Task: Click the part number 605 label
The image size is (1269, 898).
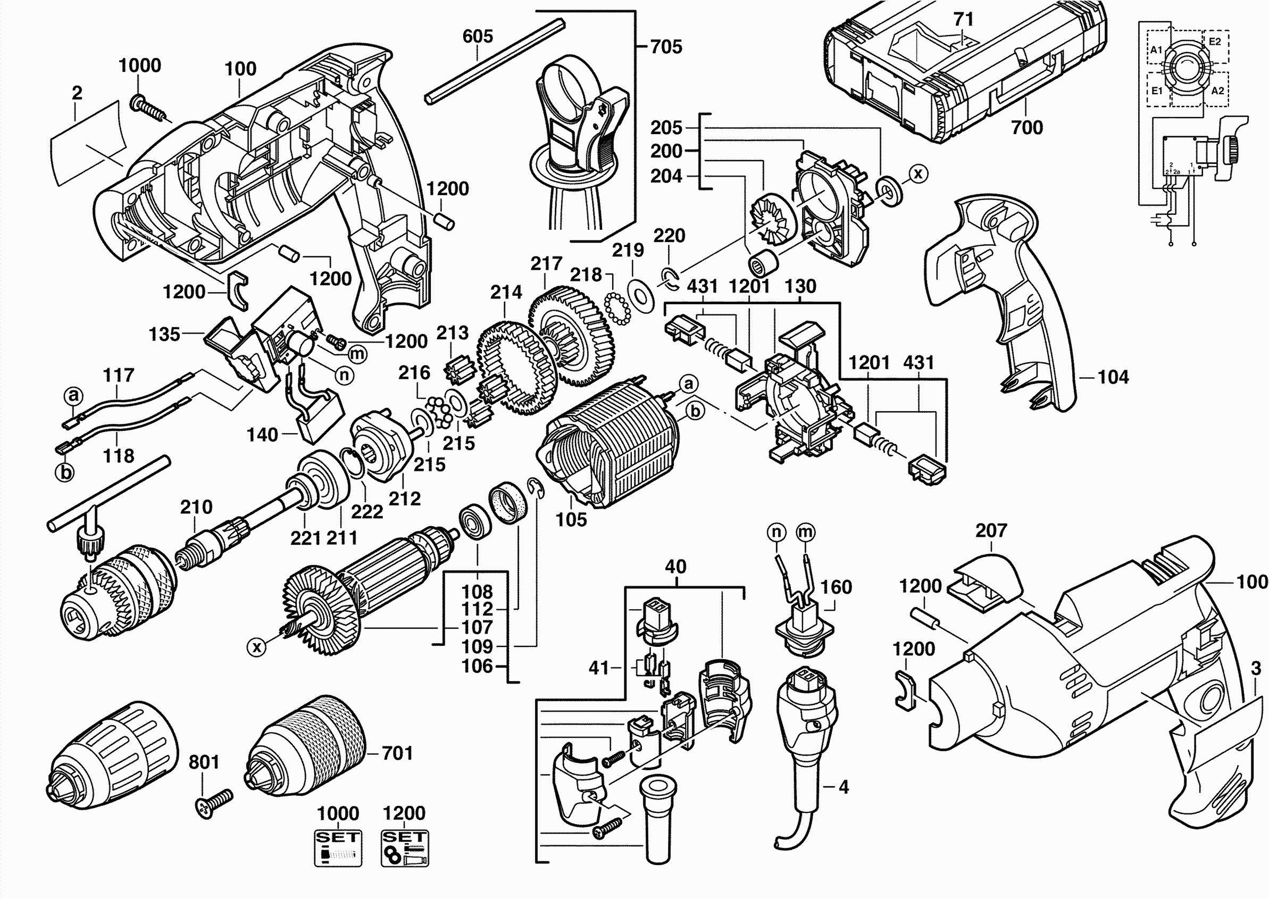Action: (478, 37)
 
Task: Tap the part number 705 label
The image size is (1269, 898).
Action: (666, 47)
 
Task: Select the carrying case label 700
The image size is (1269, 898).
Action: (1027, 128)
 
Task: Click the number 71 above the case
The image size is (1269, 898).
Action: (963, 19)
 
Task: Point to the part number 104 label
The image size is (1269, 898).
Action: (1113, 377)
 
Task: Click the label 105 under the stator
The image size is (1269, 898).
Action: (571, 519)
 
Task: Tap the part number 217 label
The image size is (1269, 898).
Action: (546, 264)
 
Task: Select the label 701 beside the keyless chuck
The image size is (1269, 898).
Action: (397, 753)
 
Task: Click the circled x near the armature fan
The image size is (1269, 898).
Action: (256, 646)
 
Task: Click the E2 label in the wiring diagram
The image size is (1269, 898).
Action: (1215, 41)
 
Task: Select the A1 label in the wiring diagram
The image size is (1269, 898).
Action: (1156, 50)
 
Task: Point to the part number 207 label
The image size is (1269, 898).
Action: (991, 531)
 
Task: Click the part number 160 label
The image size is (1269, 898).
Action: (836, 587)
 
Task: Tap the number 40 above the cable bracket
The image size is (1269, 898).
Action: (675, 567)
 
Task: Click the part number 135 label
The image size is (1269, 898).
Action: (164, 334)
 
